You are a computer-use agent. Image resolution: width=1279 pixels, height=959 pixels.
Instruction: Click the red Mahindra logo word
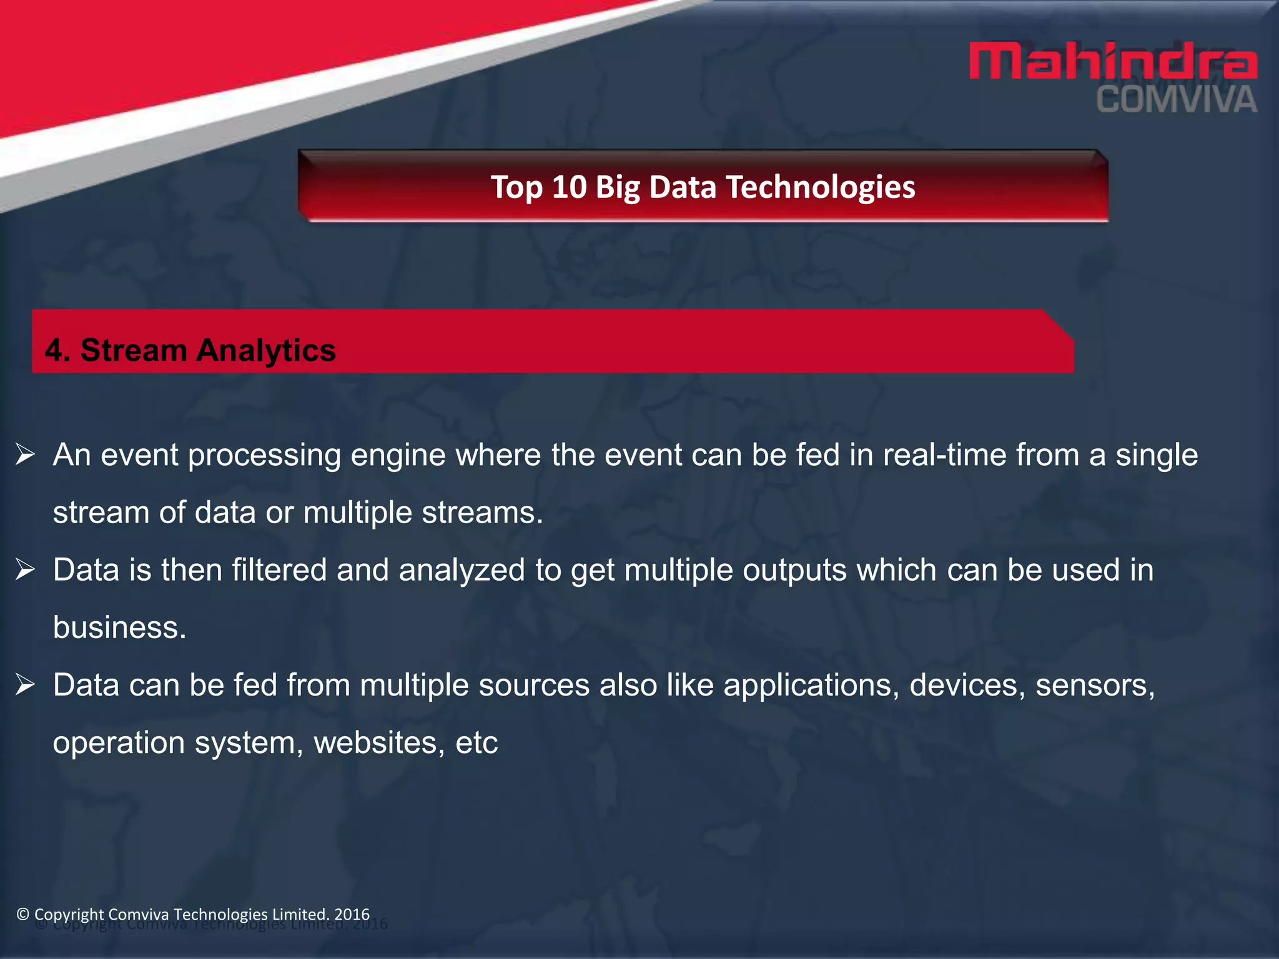point(1113,61)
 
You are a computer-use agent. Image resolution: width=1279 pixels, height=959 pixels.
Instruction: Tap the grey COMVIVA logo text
point(1177,101)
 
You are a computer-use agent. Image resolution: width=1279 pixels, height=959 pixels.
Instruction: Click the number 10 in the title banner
point(569,187)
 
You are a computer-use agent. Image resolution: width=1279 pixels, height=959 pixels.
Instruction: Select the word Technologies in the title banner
point(820,187)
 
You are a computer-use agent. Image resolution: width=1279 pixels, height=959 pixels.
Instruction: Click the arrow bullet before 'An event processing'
point(25,455)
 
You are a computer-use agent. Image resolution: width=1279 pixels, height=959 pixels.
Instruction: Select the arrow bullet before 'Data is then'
point(25,569)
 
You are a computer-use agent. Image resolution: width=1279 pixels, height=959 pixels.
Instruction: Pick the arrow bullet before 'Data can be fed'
point(25,685)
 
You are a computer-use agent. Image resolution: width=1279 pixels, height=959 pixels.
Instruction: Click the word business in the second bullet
point(119,627)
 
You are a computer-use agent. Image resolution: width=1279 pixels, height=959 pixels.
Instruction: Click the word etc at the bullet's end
point(477,743)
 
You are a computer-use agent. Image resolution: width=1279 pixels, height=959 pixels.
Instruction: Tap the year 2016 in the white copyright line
point(352,914)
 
